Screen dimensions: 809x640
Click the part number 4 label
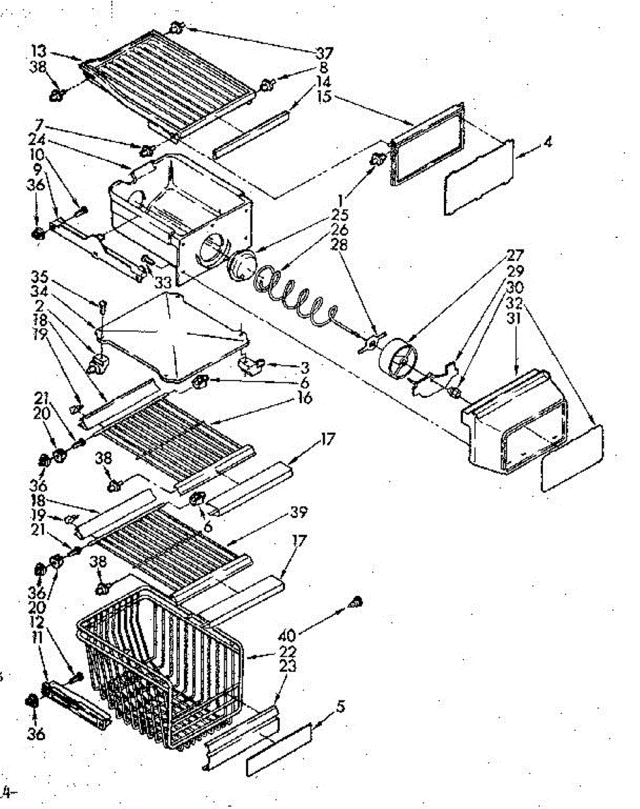click(x=548, y=143)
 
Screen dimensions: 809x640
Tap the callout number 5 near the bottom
click(x=342, y=708)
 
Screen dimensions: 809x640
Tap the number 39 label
click(x=298, y=512)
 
